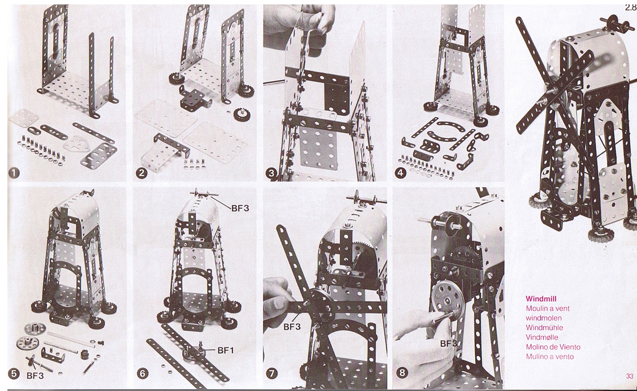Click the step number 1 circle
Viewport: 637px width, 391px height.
click(x=14, y=173)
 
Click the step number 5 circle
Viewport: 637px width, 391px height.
click(x=14, y=373)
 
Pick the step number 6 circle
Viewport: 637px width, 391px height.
click(x=143, y=373)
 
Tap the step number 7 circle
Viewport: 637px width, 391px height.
click(x=272, y=373)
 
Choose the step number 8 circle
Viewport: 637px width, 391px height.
click(x=402, y=373)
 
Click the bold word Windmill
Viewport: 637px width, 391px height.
click(x=541, y=299)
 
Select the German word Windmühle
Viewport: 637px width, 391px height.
click(x=544, y=328)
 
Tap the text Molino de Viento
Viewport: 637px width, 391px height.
click(x=553, y=347)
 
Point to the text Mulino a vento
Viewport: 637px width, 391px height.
click(x=550, y=357)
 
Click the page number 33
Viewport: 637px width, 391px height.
click(x=630, y=376)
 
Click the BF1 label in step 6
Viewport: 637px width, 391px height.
click(x=226, y=349)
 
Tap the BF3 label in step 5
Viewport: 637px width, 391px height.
click(x=35, y=375)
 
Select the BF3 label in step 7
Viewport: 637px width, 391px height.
click(x=292, y=327)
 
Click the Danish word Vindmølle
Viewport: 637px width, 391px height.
click(x=542, y=337)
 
